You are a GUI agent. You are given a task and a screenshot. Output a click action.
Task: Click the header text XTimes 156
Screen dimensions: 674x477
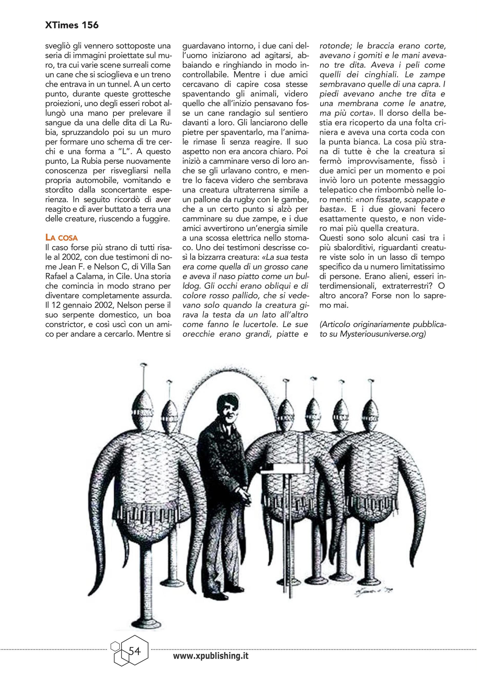point(72,26)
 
